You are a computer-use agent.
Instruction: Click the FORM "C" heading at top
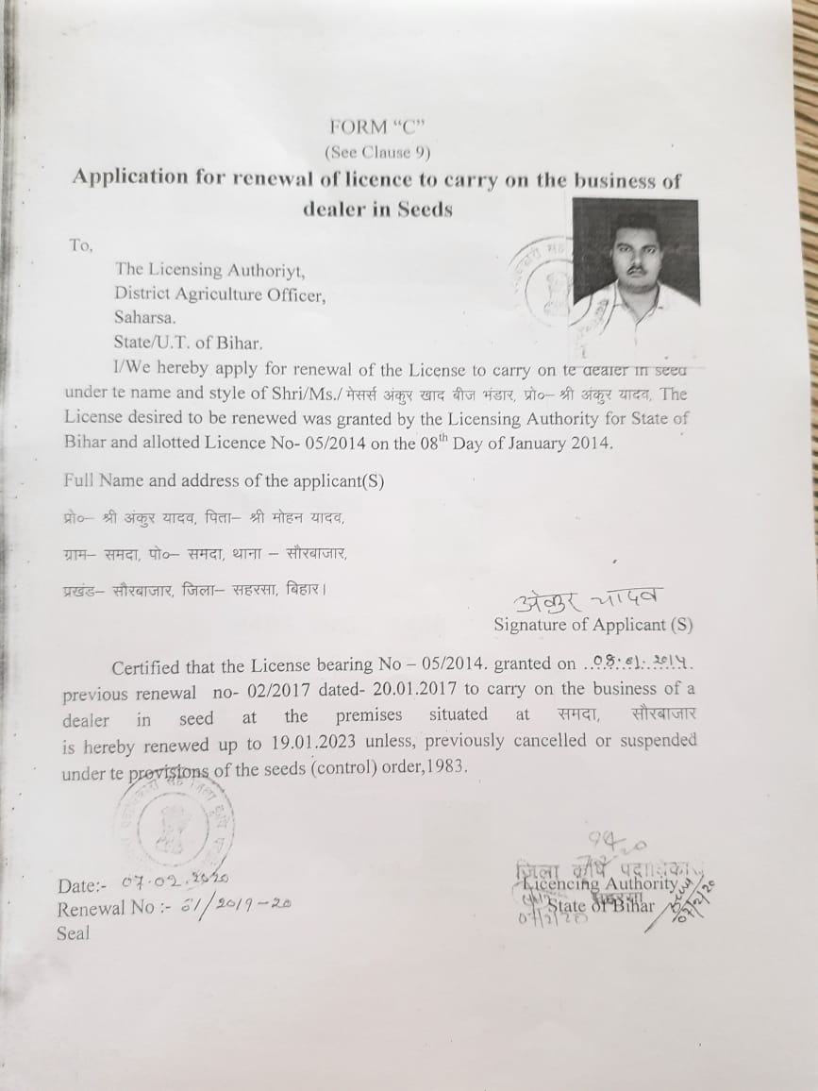(x=372, y=126)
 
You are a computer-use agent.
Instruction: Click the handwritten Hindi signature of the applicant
(x=588, y=600)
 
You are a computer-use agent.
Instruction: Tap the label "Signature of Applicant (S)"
(x=593, y=625)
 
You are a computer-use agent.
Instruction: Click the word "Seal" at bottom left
(x=73, y=933)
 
